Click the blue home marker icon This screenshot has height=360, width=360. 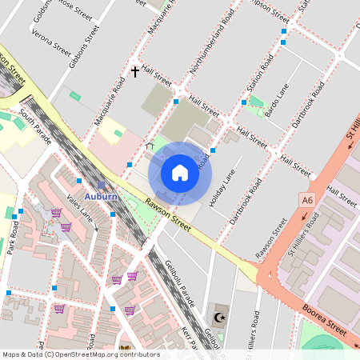pos(180,172)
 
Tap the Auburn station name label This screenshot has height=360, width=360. pos(102,196)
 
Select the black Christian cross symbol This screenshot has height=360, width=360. pos(135,72)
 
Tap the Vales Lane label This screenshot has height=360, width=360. pos(80,211)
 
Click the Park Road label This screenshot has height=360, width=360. pos(13,237)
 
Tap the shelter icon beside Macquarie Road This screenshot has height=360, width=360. pos(149,146)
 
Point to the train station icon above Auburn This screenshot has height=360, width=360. pos(102,184)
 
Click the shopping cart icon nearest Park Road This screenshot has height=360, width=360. pos(56,213)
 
